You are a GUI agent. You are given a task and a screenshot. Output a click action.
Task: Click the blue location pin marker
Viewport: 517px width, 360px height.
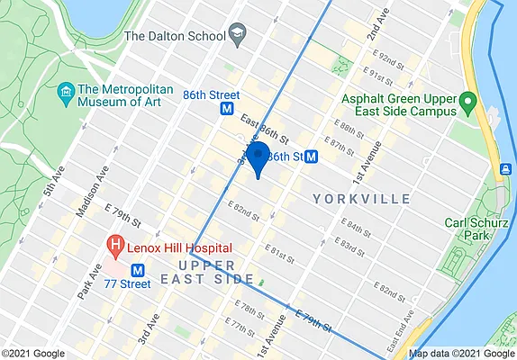click(258, 157)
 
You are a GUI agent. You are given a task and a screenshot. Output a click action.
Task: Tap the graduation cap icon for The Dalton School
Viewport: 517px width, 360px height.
click(238, 36)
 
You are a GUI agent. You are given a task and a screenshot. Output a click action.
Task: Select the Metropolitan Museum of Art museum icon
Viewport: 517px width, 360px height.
click(65, 92)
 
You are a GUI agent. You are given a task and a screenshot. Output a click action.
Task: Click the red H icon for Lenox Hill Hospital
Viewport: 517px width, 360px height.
click(115, 244)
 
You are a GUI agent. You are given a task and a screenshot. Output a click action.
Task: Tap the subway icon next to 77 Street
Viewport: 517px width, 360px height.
click(139, 269)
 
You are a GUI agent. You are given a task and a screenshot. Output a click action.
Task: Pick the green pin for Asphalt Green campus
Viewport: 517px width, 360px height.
click(467, 100)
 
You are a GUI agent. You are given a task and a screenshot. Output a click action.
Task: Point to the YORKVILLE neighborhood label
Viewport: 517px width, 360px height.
click(361, 198)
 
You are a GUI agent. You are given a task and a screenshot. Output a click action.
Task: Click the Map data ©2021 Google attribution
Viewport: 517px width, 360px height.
click(462, 353)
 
